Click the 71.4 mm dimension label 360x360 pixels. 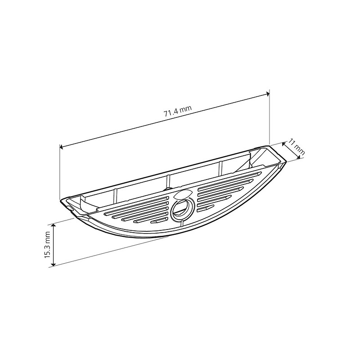tap(177, 111)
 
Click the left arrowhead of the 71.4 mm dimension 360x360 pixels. tap(61, 147)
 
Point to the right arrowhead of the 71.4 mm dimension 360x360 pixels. tap(268, 94)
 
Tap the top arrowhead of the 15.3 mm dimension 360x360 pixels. tap(53, 225)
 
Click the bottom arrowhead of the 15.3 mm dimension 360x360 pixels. tap(53, 264)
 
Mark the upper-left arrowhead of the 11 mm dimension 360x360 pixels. tap(283, 144)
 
